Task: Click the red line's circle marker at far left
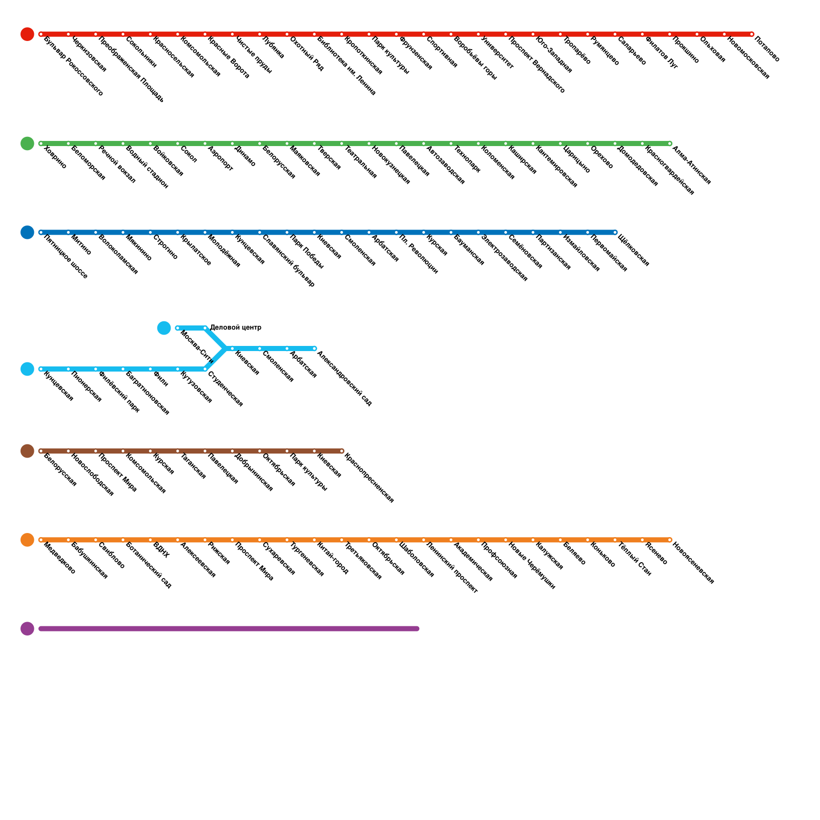27,34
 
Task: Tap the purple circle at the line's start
27,628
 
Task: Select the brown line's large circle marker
27,451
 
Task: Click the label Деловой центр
236,327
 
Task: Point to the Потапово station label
767,49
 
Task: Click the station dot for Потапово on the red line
752,34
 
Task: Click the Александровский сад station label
344,379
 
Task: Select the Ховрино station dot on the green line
41,143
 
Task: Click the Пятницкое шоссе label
66,257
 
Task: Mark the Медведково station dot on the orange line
41,540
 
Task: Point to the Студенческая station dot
205,369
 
